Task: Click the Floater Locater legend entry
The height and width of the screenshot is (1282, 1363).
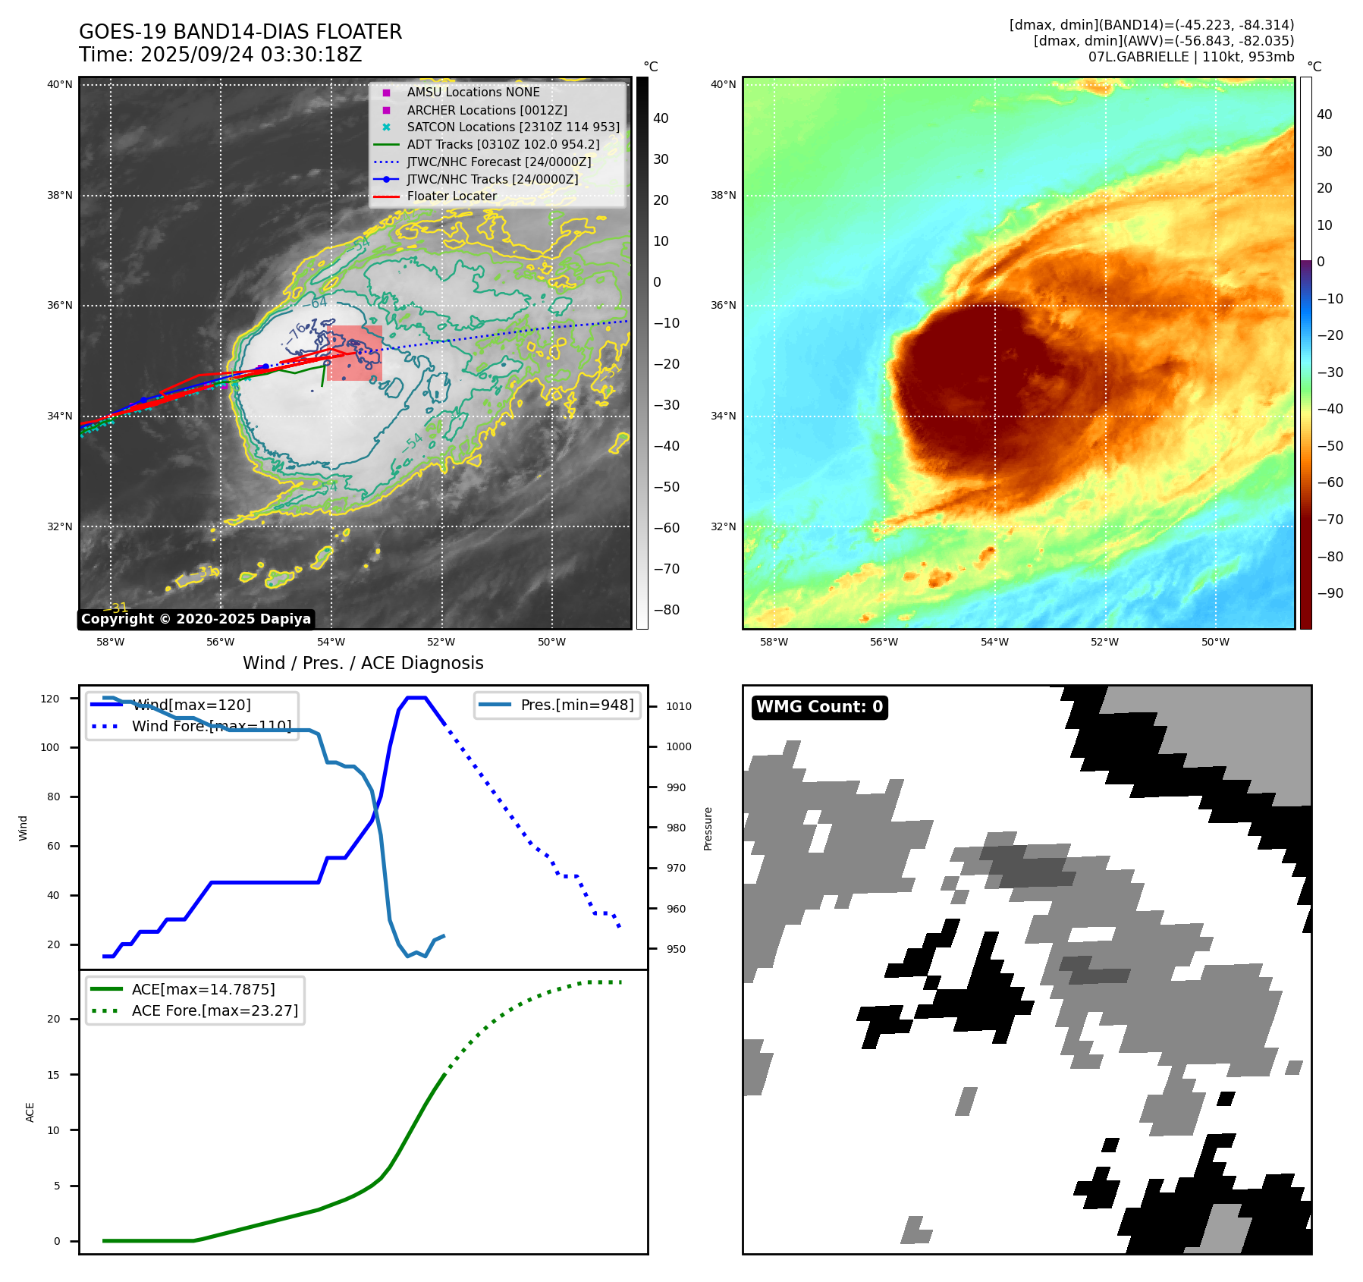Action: coord(451,196)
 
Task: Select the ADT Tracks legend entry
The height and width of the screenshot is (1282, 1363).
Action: coord(503,144)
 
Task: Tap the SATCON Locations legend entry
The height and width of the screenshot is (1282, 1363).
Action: coord(513,127)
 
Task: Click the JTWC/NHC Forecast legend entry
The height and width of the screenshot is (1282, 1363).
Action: coord(498,162)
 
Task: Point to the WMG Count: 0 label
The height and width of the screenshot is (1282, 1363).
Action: coord(819,707)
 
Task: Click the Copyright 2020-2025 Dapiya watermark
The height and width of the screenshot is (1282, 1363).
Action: coord(196,619)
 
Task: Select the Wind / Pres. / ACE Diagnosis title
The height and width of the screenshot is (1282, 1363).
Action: coord(363,663)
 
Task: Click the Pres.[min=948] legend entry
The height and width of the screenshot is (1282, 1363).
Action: coord(576,705)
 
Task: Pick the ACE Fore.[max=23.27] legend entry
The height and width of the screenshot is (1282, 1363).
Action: coord(215,1010)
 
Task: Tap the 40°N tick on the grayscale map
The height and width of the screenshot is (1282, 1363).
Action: coord(60,84)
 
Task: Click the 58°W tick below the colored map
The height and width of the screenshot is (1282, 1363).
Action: coord(774,642)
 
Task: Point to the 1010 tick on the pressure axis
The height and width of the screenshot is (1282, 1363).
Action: coord(678,706)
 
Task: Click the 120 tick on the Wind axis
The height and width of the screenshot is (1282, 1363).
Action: coord(50,699)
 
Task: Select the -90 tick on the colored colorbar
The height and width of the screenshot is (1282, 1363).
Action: coord(1330,593)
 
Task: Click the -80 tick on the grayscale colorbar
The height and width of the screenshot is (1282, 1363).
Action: coord(667,610)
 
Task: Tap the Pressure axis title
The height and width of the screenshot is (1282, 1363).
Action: coord(708,828)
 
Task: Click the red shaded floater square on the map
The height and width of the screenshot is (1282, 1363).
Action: coord(354,353)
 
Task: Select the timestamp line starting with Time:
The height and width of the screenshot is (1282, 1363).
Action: coord(220,55)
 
